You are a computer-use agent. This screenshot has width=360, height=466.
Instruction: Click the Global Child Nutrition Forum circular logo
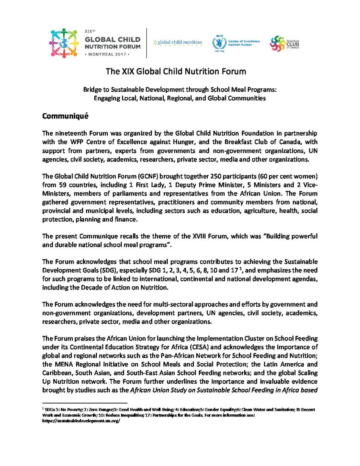click(x=64, y=43)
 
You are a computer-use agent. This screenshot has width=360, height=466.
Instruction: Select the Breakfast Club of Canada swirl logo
click(x=277, y=44)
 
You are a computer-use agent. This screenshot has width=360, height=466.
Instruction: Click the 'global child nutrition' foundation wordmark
click(x=178, y=42)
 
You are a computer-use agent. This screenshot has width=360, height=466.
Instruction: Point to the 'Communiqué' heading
click(x=65, y=116)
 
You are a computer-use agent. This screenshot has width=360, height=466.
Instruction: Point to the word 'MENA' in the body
click(x=64, y=365)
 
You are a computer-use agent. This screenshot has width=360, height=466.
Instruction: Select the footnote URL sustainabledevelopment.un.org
click(x=81, y=421)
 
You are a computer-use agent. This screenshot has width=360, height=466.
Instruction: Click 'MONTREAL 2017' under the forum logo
click(x=107, y=54)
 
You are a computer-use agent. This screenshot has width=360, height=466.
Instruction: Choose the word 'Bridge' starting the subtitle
click(x=92, y=90)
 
